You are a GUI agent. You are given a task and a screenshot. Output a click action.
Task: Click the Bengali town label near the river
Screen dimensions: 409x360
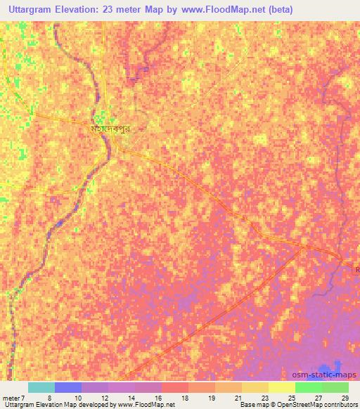pos(112,130)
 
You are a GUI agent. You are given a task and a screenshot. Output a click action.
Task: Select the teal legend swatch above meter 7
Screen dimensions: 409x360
pos(41,387)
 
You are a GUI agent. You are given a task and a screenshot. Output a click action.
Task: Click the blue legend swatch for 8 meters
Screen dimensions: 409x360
pos(68,387)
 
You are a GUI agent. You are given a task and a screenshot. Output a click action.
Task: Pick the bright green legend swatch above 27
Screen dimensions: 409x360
pos(308,387)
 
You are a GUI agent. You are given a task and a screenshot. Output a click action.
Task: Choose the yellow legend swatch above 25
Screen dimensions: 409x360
pos(281,387)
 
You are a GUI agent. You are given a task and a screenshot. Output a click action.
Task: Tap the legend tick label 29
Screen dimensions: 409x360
pos(345,397)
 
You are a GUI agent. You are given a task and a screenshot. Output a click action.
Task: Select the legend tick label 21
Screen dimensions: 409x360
pos(239,397)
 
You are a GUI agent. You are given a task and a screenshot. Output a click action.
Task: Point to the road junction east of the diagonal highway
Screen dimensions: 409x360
pos(304,247)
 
